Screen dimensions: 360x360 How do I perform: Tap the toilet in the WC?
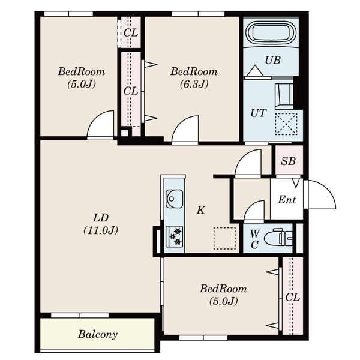278,238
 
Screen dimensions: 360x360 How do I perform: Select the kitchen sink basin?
174,199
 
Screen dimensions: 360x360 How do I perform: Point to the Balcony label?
98,334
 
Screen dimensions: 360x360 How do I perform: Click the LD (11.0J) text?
101,224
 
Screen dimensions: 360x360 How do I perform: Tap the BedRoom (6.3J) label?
194,77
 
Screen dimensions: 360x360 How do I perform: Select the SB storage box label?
289,161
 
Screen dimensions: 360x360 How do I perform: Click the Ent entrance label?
287,200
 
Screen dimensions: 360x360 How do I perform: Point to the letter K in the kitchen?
200,210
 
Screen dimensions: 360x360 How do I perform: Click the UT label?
259,113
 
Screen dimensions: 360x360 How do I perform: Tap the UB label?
273,60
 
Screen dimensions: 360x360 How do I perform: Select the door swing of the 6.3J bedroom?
185,129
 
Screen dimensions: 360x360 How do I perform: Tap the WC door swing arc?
254,211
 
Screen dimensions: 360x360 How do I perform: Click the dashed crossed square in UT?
286,124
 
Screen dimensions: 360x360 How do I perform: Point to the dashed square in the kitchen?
225,238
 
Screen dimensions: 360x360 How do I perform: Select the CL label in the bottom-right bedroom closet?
293,298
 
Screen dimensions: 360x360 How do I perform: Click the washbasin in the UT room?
284,97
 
